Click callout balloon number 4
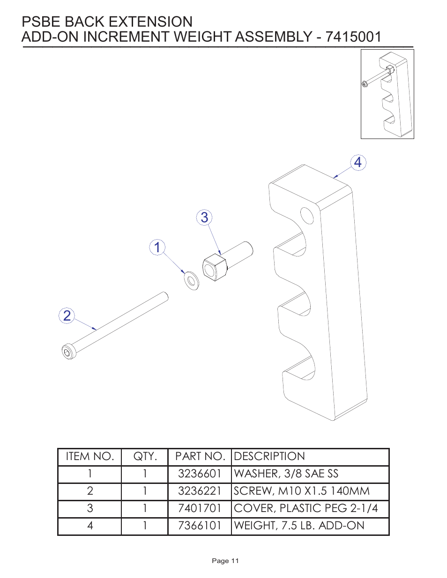[358, 163]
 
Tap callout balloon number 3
[204, 218]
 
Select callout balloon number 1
[157, 247]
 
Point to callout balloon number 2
[67, 316]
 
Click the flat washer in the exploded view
[191, 280]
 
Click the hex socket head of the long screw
[68, 352]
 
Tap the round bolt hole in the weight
[307, 216]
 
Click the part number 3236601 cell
[200, 474]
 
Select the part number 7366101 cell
[200, 526]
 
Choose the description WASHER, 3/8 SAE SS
[286, 474]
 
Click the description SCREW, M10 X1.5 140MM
[302, 491]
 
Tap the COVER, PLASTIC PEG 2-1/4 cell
[306, 508]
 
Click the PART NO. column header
[200, 456]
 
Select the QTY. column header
[145, 456]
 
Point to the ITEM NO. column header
[90, 456]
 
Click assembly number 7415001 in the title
[353, 37]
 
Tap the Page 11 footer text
[225, 561]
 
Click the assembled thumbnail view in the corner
[387, 94]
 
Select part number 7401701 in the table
[200, 508]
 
